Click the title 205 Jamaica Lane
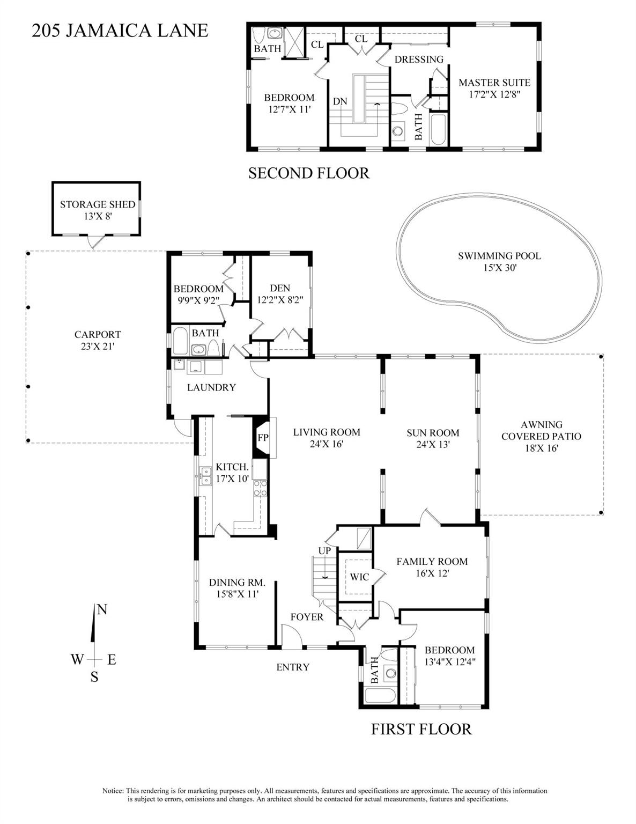[x=120, y=30]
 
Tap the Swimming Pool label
[x=499, y=256]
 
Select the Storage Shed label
[x=97, y=204]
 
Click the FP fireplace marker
[x=263, y=437]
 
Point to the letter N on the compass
[x=102, y=609]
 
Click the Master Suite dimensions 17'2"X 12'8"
[x=494, y=93]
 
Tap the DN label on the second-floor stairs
[x=339, y=101]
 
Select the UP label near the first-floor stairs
[x=324, y=550]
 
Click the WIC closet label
[x=359, y=577]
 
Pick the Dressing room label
[x=419, y=60]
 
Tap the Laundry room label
[x=211, y=387]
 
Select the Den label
[x=280, y=288]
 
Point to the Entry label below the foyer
[x=293, y=667]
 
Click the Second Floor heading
[x=308, y=173]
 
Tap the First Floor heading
[x=421, y=729]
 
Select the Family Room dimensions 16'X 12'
[x=432, y=573]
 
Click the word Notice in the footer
[x=113, y=791]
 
